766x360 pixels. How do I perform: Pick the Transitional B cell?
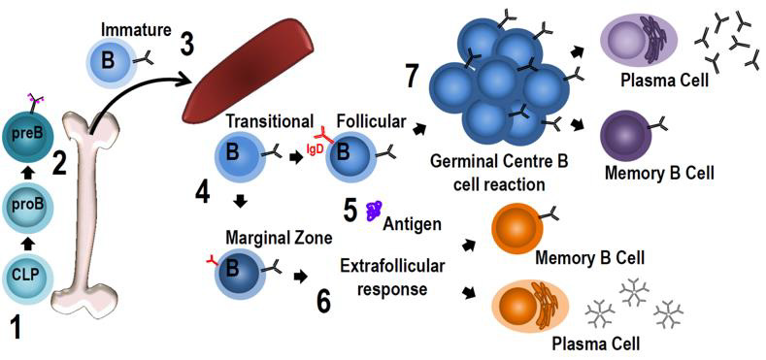point(240,154)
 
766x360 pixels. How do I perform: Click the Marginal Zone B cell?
point(240,270)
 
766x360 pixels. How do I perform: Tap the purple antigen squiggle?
point(375,212)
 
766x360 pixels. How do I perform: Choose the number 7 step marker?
point(413,75)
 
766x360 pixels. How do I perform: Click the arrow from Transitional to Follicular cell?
point(295,158)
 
